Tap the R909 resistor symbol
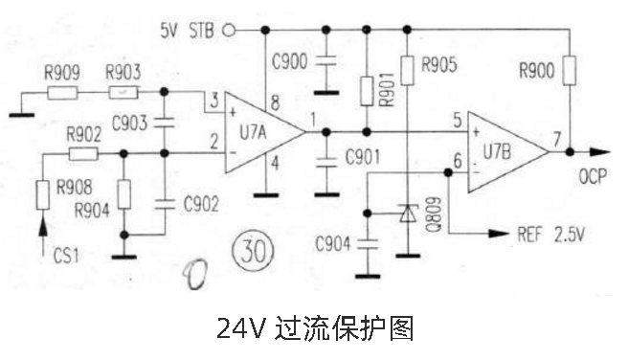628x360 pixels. (x=62, y=93)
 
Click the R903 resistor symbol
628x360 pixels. (x=123, y=92)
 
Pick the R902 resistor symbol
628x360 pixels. (x=82, y=153)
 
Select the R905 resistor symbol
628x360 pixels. (x=408, y=69)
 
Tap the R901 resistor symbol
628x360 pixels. (x=366, y=92)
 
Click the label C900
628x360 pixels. (x=289, y=63)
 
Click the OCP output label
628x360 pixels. (x=594, y=177)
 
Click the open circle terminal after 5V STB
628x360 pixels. (x=228, y=30)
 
